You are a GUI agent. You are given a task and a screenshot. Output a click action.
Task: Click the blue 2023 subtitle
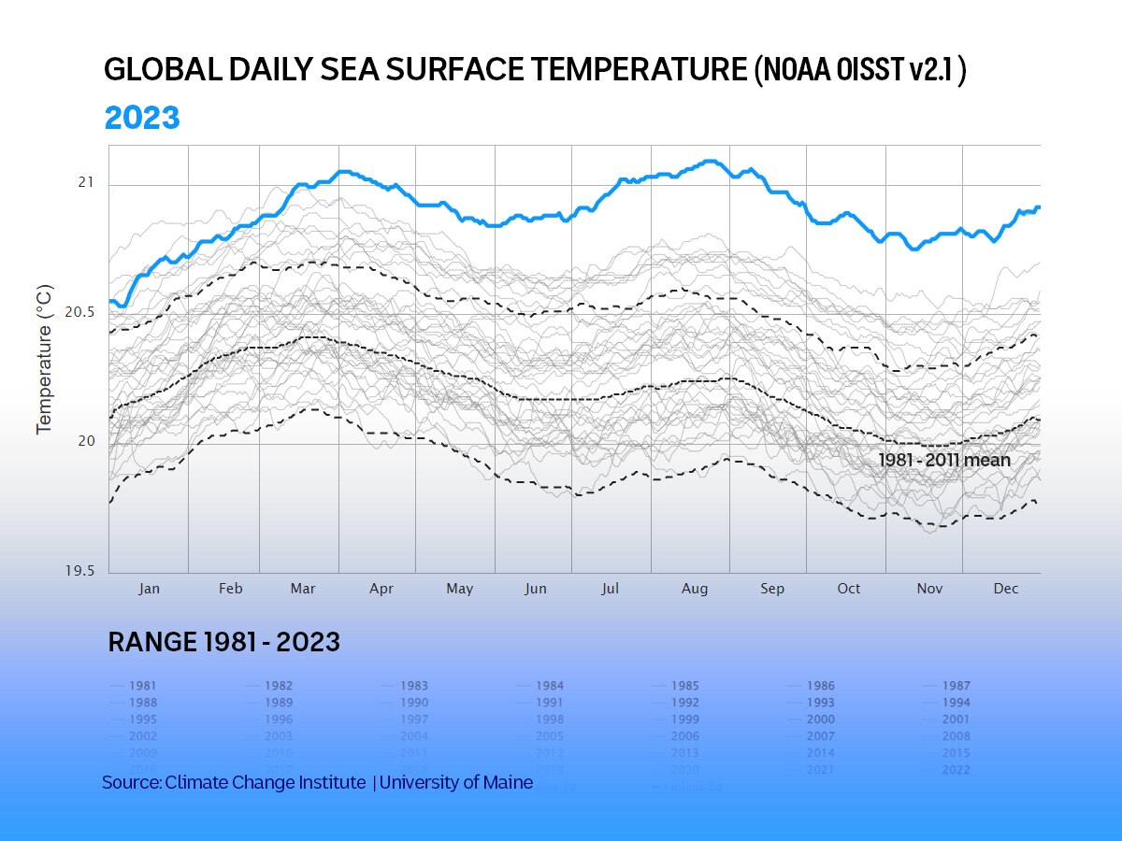pyautogui.click(x=141, y=119)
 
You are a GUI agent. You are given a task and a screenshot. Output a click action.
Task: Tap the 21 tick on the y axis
pyautogui.click(x=86, y=182)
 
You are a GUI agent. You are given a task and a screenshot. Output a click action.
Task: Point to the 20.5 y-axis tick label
pyautogui.click(x=80, y=312)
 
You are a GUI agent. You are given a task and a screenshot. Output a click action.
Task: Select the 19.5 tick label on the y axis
pyautogui.click(x=80, y=572)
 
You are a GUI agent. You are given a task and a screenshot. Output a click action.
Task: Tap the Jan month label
pyautogui.click(x=149, y=589)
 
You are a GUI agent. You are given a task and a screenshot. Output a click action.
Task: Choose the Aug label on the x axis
pyautogui.click(x=695, y=589)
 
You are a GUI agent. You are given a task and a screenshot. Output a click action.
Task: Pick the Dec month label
pyautogui.click(x=1006, y=589)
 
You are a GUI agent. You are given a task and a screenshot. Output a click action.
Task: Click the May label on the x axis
pyautogui.click(x=459, y=589)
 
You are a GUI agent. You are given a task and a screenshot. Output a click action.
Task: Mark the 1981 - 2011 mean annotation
pyautogui.click(x=944, y=461)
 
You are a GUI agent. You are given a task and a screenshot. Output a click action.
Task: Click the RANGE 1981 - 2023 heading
pyautogui.click(x=224, y=643)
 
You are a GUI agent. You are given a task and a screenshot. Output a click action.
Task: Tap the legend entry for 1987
pyautogui.click(x=956, y=686)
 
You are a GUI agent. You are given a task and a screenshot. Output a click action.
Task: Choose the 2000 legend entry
pyautogui.click(x=820, y=720)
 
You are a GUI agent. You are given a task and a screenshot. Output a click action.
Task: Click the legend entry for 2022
pyautogui.click(x=956, y=770)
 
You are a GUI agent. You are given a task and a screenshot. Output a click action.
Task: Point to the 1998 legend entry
pyautogui.click(x=550, y=720)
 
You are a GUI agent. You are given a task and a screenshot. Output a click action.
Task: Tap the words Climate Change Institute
pyautogui.click(x=266, y=783)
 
